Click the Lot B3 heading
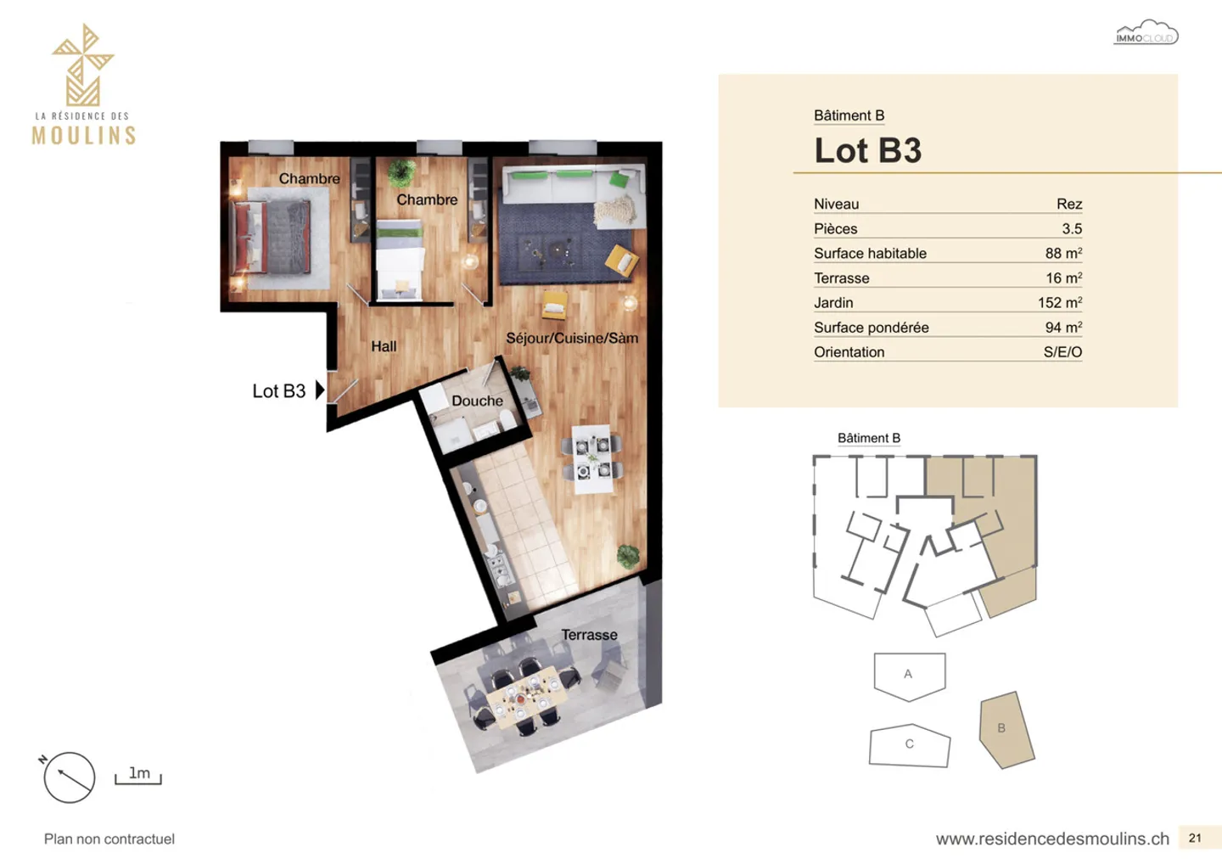867,151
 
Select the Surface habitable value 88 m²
1063,253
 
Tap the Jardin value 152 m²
1059,302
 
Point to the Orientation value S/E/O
1062,351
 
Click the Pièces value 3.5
1071,228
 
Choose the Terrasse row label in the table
841,278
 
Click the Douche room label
477,401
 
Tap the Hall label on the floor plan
384,346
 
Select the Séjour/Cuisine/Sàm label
572,338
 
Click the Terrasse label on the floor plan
589,635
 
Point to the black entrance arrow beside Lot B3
320,390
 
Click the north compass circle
69,777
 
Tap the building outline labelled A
909,675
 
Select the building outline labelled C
909,745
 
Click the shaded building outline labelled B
1006,730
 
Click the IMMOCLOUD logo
1146,34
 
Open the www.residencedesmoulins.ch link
1052,839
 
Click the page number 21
1195,838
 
